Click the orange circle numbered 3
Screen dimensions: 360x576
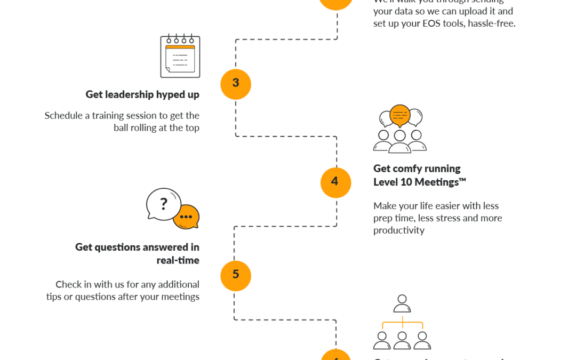tap(236, 84)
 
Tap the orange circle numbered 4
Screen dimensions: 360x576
tap(335, 182)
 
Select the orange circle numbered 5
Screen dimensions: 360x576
tap(236, 275)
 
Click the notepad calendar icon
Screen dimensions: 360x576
tap(180, 56)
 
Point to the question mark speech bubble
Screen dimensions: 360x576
tap(164, 203)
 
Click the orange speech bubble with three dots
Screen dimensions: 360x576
tap(186, 217)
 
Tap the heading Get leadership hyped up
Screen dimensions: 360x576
tap(142, 95)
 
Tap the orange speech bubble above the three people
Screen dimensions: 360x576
tap(399, 114)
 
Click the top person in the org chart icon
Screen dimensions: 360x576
tap(402, 302)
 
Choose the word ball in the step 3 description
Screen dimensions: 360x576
tap(123, 128)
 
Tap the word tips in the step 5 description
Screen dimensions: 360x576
tap(55, 297)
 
